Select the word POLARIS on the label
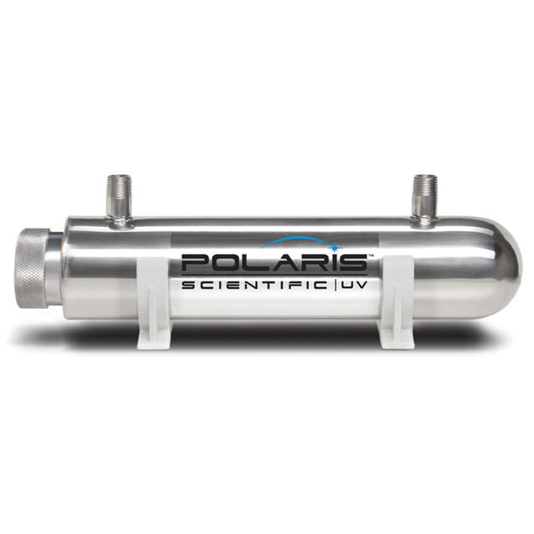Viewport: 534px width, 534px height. point(274,262)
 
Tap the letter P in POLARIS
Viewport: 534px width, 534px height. point(196,262)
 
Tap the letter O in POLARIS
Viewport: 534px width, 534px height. point(227,262)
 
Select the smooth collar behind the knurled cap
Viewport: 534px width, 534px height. point(55,267)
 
